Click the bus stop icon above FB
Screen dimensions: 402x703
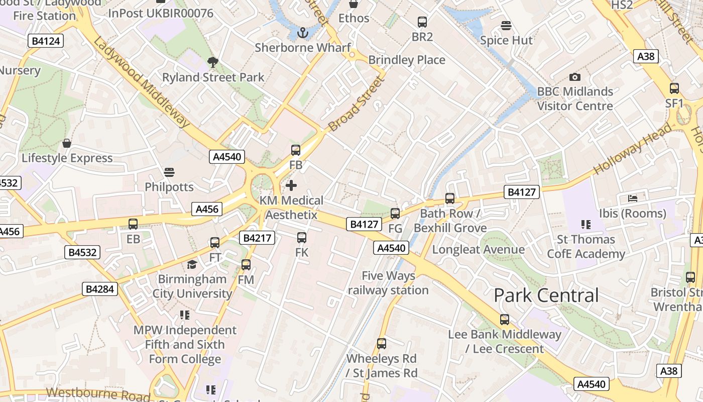pyautogui.click(x=296, y=150)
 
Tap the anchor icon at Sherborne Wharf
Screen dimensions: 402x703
pyautogui.click(x=302, y=33)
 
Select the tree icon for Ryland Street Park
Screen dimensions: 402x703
pyautogui.click(x=213, y=62)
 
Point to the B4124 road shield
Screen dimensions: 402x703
pyautogui.click(x=46, y=41)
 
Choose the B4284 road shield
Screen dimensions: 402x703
pyautogui.click(x=100, y=289)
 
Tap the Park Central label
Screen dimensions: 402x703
pyautogui.click(x=546, y=295)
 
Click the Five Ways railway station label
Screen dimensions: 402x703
pyautogui.click(x=388, y=283)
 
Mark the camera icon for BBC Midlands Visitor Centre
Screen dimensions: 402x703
pyautogui.click(x=575, y=77)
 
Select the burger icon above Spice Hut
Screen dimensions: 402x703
pyautogui.click(x=506, y=25)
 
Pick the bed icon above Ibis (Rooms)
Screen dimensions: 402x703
pyautogui.click(x=633, y=198)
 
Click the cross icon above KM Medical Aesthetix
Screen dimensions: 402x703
pyautogui.click(x=291, y=185)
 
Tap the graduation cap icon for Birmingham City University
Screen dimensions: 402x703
pyautogui.click(x=192, y=264)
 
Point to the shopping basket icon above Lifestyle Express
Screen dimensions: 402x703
pyautogui.click(x=67, y=144)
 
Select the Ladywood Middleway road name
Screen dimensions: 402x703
pyautogui.click(x=142, y=82)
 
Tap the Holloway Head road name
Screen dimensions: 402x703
pyautogui.click(x=633, y=149)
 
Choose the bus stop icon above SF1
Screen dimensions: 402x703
pyautogui.click(x=674, y=88)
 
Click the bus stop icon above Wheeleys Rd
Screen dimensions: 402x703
pyautogui.click(x=382, y=344)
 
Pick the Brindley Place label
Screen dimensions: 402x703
pyautogui.click(x=407, y=60)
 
